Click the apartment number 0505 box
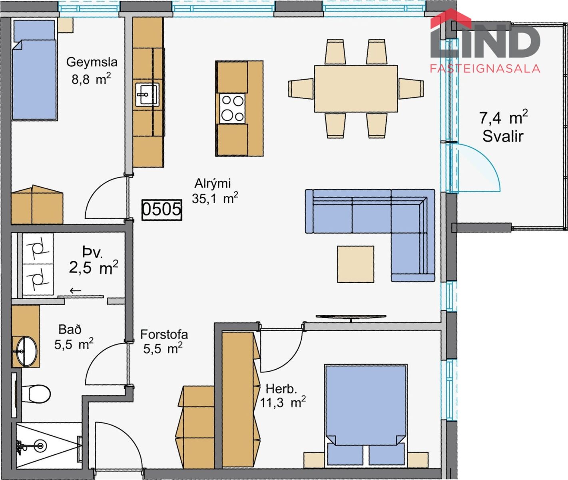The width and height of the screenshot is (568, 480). coord(162,210)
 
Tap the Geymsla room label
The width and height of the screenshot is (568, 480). coord(92,62)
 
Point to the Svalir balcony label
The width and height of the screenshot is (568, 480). coord(503,136)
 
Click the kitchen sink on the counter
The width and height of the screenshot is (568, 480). coord(147,94)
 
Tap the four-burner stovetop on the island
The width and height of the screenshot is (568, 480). coord(233,109)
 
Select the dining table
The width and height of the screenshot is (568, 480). coord(356,89)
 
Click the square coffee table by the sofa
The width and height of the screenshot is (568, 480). coord(355,264)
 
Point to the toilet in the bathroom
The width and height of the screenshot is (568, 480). coord(36,394)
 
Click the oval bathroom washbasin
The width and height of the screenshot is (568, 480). coord(26,351)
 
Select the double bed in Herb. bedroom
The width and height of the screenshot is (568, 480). coord(366,415)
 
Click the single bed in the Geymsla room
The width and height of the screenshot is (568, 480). coord(34,70)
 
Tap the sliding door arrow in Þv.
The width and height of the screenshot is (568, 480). coord(76,290)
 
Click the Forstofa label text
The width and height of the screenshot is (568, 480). coord(164,335)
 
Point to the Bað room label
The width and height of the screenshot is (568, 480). coord(70,330)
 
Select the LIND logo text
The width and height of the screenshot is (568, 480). coord(485,41)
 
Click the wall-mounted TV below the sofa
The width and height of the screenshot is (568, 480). coord(351,317)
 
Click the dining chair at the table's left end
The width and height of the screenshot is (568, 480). coord(301,89)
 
